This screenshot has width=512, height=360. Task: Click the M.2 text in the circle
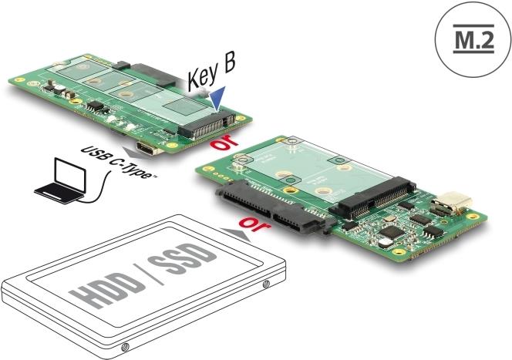coord(473,39)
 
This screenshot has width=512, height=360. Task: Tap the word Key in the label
coord(204,76)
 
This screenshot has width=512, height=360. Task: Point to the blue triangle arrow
coord(217,98)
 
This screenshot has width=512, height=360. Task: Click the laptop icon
coord(61,181)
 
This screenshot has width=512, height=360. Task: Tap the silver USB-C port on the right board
coord(453,202)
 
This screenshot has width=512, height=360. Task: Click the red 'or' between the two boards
coord(224,142)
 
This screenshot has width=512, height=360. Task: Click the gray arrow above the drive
coord(236,234)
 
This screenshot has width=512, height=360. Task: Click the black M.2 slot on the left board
coord(207,125)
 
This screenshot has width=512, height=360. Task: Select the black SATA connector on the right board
coord(275,207)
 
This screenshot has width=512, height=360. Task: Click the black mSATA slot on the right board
coord(373,198)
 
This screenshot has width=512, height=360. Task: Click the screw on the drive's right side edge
coord(266,284)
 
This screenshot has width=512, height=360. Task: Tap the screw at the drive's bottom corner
coord(124,347)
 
